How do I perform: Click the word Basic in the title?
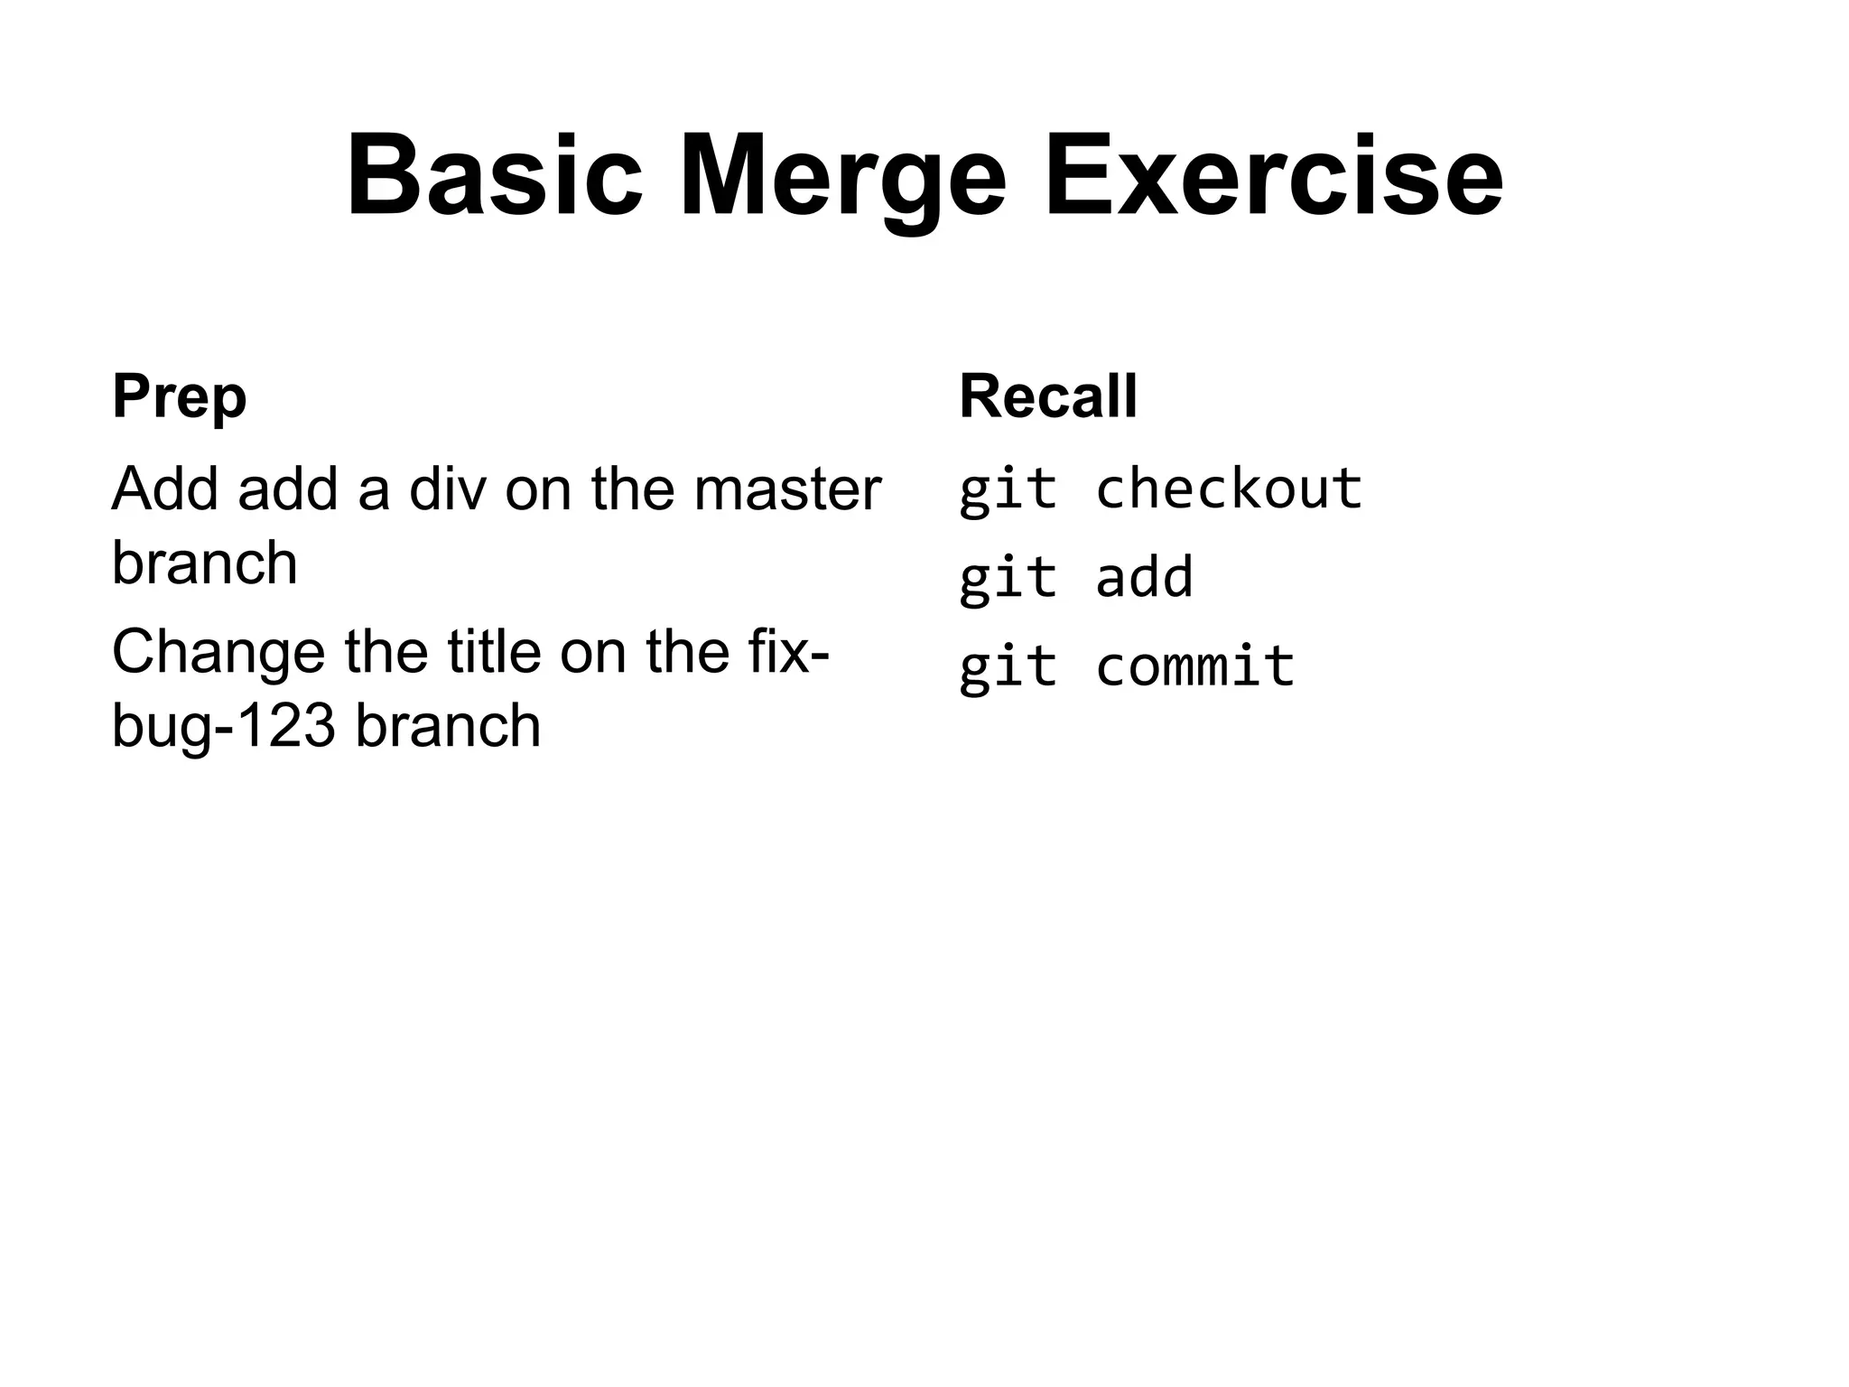click(x=494, y=176)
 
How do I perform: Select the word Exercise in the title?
click(x=1273, y=176)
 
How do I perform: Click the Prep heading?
click(x=179, y=397)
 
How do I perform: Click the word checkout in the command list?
click(x=1228, y=489)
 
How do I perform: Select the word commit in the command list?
click(x=1194, y=666)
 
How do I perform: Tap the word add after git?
click(x=1144, y=577)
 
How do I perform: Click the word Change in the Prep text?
click(x=218, y=652)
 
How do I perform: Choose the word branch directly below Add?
click(x=204, y=563)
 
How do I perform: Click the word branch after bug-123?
click(x=448, y=726)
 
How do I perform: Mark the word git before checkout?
click(x=1008, y=489)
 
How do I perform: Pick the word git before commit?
click(x=1008, y=666)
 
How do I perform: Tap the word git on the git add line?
click(x=1008, y=577)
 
